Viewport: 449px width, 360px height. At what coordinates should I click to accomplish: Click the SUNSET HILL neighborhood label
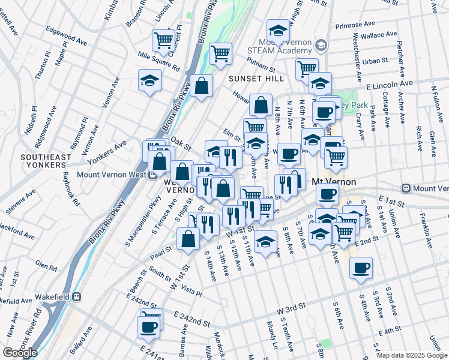point(253,79)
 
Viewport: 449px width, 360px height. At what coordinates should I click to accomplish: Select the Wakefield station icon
point(77,296)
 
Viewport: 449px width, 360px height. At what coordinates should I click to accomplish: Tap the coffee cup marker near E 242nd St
point(148,327)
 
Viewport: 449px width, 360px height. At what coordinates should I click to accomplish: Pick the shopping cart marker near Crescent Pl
point(163,40)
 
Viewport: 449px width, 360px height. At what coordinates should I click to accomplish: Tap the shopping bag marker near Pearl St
point(188,238)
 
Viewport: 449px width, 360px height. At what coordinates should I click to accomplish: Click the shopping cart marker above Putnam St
point(221,53)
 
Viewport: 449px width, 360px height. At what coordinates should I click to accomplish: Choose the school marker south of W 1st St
point(265,241)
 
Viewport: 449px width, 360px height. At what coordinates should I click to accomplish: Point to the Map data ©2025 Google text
point(412,355)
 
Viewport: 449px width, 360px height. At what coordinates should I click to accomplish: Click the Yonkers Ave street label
point(108,152)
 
